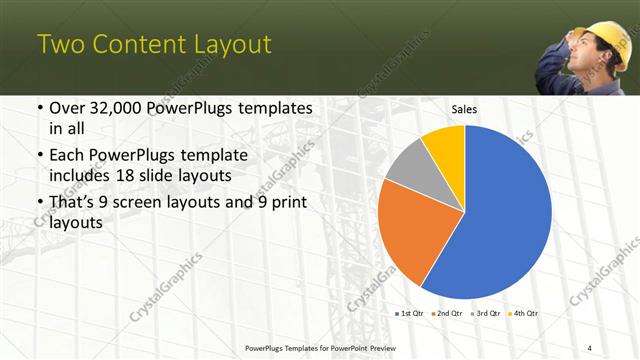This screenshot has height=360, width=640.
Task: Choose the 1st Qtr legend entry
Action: point(411,313)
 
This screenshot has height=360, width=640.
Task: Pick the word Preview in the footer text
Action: point(410,347)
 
